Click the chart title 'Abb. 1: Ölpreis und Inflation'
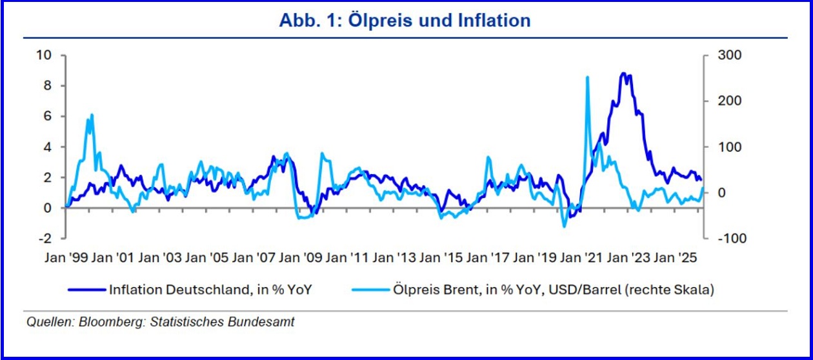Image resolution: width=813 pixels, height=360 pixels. [x=405, y=20]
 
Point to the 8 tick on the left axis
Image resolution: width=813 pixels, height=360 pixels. [x=46, y=86]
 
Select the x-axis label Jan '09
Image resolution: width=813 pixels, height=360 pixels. [x=300, y=256]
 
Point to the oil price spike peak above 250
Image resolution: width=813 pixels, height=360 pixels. [x=587, y=77]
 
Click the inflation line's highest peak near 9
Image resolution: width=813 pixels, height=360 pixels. [x=622, y=74]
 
